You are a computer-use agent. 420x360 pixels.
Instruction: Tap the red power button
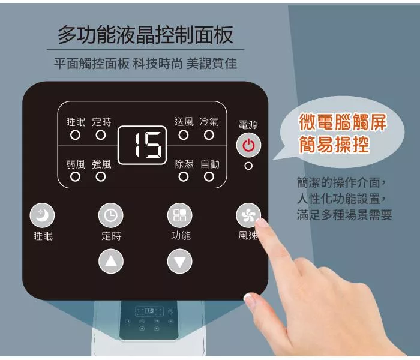(248, 145)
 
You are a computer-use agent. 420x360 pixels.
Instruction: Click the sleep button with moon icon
(42, 215)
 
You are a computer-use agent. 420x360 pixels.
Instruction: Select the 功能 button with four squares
(180, 215)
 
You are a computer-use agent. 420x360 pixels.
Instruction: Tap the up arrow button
(111, 261)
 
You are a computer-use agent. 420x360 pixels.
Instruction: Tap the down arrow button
(180, 261)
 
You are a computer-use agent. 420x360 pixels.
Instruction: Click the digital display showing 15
(142, 145)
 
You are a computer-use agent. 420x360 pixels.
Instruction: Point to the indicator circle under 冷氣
(209, 135)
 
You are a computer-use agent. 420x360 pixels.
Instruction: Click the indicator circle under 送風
(184, 135)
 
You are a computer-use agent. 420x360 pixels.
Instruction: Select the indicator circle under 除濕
(184, 177)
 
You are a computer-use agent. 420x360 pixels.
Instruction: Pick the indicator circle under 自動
(209, 177)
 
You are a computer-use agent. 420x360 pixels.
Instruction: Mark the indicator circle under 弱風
(75, 177)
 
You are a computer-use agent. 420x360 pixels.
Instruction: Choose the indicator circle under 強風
(101, 177)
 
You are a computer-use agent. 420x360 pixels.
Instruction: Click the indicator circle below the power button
(248, 166)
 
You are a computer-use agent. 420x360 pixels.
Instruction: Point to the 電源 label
(248, 125)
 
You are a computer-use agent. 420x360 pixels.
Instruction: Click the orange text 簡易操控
(334, 144)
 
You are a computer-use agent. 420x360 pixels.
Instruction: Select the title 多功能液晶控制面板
(145, 35)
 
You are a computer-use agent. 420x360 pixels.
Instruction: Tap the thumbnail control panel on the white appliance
(149, 320)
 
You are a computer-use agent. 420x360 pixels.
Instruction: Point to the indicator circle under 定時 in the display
(101, 135)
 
